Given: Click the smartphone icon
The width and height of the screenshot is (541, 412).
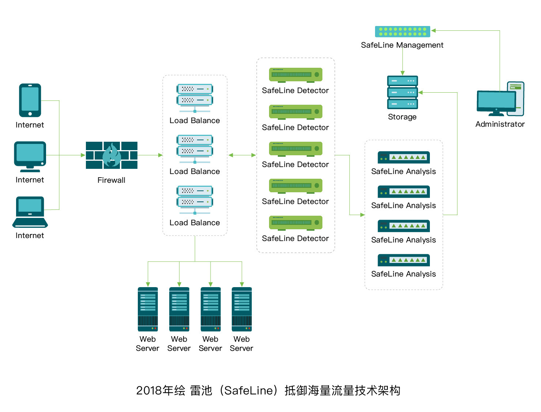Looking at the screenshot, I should point(30,100).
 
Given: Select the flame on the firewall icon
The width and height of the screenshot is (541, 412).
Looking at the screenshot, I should point(112,155).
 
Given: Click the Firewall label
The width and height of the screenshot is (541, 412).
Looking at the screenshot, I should point(111,180).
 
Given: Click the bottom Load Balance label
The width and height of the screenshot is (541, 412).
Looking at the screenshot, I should point(194,223).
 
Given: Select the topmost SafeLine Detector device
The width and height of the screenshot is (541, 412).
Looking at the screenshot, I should point(295,75).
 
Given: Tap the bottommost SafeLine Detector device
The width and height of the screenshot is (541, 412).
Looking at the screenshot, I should point(295,223).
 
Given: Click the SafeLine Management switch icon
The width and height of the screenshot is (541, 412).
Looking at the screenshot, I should point(402,31).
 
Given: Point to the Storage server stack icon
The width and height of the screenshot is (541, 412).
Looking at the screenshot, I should point(402,92).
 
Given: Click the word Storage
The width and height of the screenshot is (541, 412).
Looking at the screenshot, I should point(402,117).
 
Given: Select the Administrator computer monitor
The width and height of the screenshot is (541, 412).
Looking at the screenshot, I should point(496,101).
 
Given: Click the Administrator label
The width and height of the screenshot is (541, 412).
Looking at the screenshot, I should point(500,124).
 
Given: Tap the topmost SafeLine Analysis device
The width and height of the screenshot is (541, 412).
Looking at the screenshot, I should point(404,157).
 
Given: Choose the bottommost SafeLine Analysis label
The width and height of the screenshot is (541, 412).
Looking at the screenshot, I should point(404,274).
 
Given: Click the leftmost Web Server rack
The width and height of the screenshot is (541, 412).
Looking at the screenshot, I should point(148,309).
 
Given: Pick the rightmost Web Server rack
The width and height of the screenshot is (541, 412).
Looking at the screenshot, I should point(242,309).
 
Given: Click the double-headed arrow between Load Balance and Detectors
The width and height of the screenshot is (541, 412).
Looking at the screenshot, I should point(242,155).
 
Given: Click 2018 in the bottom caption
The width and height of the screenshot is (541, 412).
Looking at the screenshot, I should point(149,390).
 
